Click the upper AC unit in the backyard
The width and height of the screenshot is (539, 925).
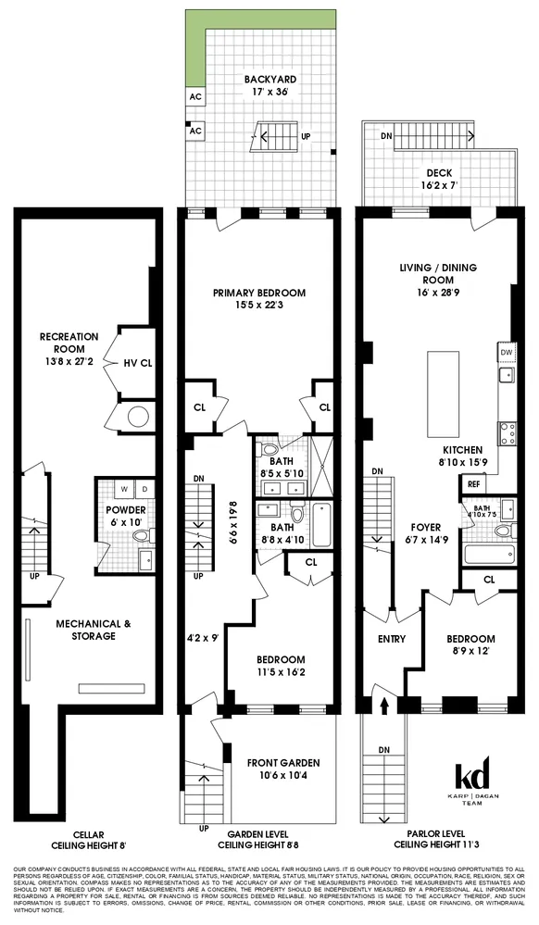point(194,96)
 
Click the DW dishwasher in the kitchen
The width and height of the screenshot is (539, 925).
point(506,353)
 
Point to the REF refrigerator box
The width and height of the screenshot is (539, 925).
point(474,483)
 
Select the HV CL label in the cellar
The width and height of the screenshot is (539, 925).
point(136,363)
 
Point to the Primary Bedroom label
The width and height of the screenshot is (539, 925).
point(258,299)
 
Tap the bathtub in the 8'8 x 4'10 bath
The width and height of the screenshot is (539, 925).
point(320,525)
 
